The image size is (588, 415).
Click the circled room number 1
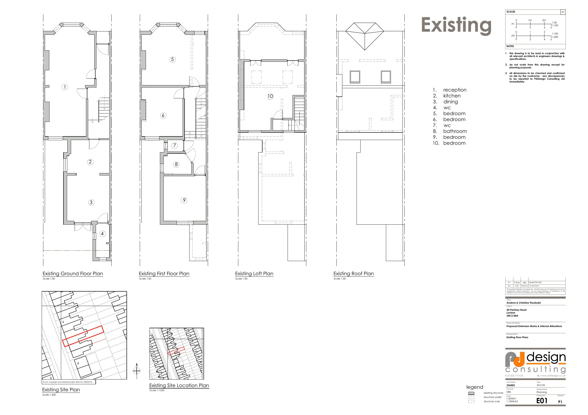(x=65, y=87)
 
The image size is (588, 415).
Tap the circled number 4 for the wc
(x=102, y=233)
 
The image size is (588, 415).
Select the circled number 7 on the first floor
(x=174, y=145)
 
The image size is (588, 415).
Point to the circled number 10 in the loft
(x=270, y=96)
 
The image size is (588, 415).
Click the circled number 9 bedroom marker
(x=184, y=200)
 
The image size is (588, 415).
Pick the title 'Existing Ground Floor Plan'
(x=73, y=274)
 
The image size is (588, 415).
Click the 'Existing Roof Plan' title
(x=353, y=274)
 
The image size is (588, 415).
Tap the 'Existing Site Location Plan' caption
(x=179, y=385)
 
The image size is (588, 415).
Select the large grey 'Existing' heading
(x=456, y=25)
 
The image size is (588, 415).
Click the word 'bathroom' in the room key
(x=455, y=131)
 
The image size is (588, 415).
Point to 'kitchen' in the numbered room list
(x=452, y=96)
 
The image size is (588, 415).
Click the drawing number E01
(x=542, y=401)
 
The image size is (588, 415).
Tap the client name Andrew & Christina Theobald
(x=524, y=303)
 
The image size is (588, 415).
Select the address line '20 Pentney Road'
(x=516, y=310)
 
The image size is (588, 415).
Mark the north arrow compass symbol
(x=137, y=370)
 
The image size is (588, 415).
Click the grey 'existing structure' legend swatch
(x=471, y=393)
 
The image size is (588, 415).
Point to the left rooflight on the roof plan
(x=355, y=77)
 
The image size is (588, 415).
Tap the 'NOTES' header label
(x=510, y=46)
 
